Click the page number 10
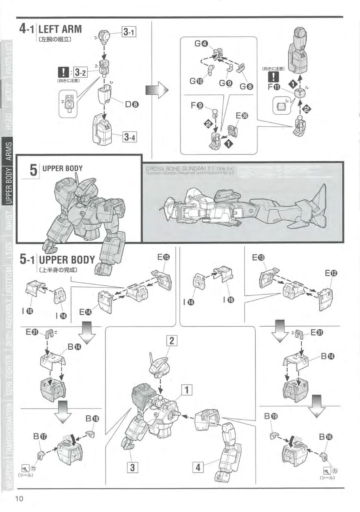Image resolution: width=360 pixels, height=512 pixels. (19, 499)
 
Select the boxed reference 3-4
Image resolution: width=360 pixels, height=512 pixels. (129, 137)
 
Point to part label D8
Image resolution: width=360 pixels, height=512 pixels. (132, 104)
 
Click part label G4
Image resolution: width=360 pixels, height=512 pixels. (201, 44)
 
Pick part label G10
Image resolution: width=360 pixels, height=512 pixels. (196, 81)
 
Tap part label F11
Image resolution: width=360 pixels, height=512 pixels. (274, 87)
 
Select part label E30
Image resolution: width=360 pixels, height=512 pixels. (242, 116)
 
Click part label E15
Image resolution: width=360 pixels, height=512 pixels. (163, 257)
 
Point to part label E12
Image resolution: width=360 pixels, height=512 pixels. (331, 273)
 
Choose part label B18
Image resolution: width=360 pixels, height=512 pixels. (92, 418)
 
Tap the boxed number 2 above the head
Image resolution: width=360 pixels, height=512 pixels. (172, 340)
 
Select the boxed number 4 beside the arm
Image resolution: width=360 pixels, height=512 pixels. (198, 467)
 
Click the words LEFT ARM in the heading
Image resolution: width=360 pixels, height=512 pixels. (60, 29)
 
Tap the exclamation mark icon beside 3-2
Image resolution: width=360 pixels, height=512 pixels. (63, 72)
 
